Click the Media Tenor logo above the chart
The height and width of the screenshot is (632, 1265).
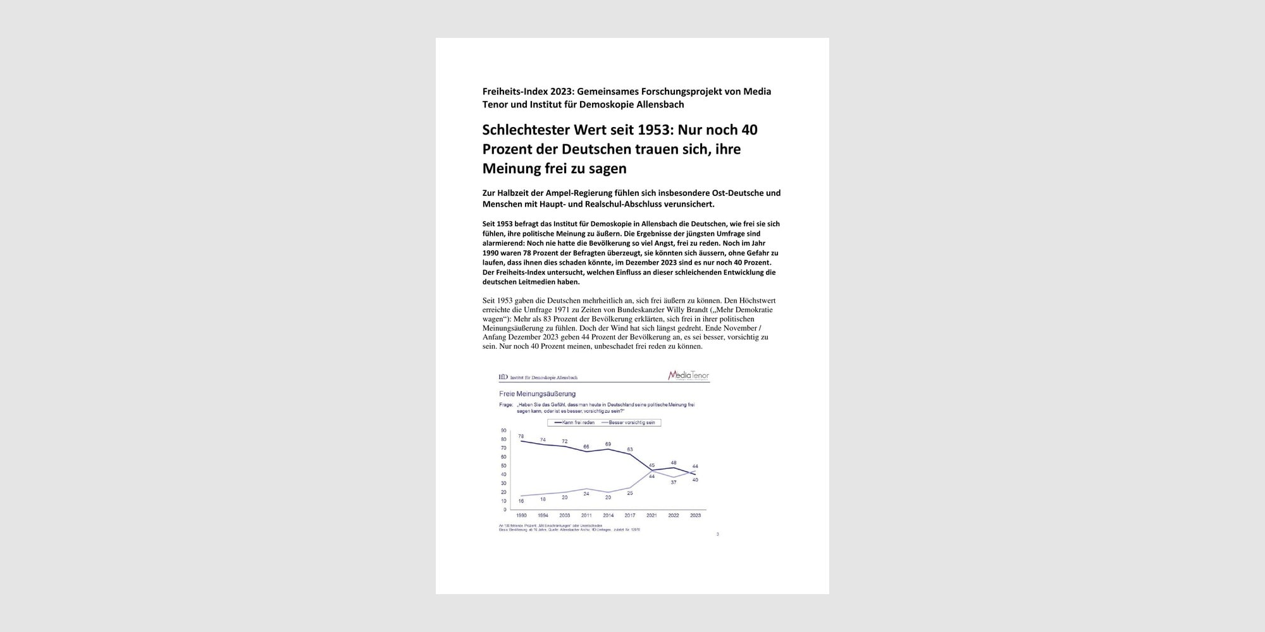point(688,375)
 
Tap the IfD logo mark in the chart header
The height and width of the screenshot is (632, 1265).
point(503,377)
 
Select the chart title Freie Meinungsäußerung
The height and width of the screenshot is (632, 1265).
point(537,394)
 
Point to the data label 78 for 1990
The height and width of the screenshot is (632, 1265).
point(521,436)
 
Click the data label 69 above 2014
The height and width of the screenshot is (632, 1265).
point(608,444)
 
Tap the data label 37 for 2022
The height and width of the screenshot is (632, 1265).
point(674,482)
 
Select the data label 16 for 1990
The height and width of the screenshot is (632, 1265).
point(521,501)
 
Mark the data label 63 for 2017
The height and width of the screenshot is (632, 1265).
point(630,449)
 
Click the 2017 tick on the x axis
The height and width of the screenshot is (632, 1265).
point(630,515)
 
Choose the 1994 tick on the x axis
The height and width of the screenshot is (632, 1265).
point(543,515)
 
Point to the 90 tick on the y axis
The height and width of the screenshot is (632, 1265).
point(503,430)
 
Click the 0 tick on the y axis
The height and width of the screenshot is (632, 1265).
point(505,509)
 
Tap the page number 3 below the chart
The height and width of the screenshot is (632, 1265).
point(717,534)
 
